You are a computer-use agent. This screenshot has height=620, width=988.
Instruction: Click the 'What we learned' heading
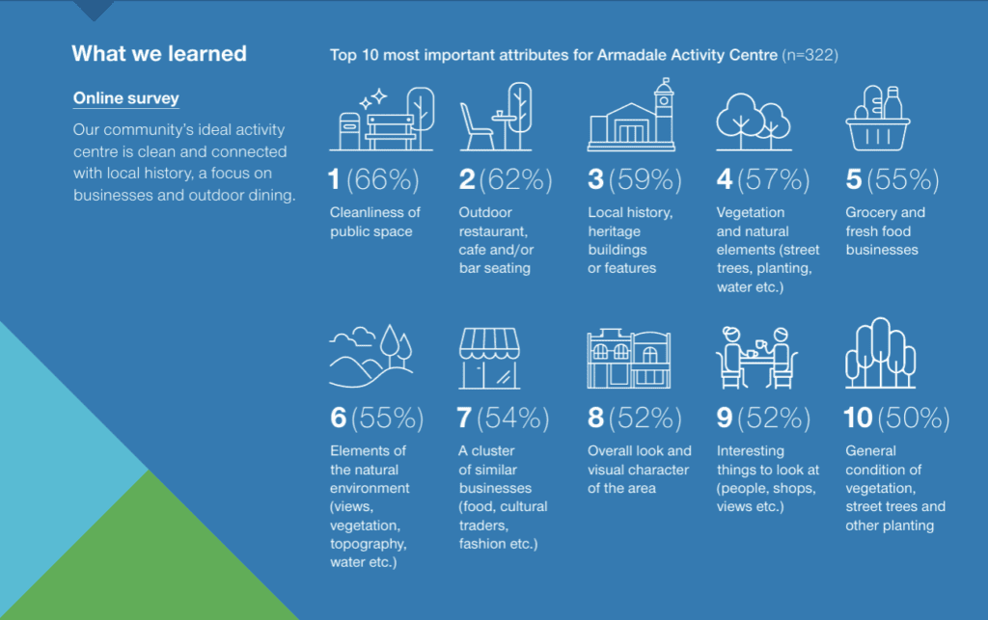[x=159, y=54]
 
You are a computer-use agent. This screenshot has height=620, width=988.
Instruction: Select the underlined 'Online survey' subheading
[x=126, y=98]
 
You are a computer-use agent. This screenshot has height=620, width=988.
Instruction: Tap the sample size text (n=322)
[x=810, y=55]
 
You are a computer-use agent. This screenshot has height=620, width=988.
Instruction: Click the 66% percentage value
[x=382, y=180]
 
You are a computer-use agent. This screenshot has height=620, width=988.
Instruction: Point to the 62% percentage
[x=515, y=180]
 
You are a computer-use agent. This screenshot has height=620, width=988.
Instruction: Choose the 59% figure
[x=645, y=180]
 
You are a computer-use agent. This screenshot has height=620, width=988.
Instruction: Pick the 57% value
[x=774, y=180]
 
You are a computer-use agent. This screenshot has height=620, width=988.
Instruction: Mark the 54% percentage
[x=513, y=418]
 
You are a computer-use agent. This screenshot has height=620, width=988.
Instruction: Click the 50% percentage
[x=914, y=418]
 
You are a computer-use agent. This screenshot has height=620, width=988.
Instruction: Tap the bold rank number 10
[x=858, y=418]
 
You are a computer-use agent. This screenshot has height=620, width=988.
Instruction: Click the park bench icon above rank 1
[x=392, y=131]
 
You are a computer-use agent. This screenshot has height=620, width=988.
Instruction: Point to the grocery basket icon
[x=878, y=119]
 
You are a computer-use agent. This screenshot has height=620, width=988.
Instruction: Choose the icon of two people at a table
[x=756, y=358]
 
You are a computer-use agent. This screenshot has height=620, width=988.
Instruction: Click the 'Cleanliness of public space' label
[x=375, y=222]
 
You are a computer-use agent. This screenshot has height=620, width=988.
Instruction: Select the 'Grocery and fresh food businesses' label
[x=886, y=231]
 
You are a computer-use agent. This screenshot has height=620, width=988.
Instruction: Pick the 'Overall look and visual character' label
[x=639, y=470]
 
